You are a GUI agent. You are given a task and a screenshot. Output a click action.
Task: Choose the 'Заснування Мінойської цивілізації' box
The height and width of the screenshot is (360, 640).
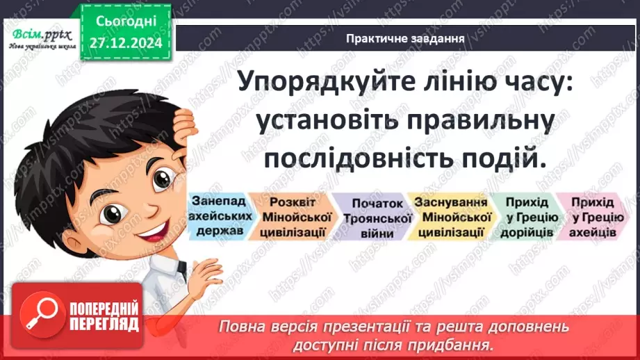pos(449,217)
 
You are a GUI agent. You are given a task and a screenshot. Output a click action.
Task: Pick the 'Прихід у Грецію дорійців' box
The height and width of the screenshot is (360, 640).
pos(527,217)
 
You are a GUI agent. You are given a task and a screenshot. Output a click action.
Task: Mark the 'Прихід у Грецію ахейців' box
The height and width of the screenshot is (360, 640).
pos(592,217)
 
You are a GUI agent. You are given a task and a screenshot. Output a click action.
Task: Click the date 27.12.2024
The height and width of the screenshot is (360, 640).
pos(125,43)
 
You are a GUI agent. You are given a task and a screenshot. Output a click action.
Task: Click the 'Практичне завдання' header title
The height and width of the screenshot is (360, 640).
pos(405,38)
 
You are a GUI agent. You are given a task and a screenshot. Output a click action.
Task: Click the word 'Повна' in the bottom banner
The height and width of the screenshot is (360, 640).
pos(242,327)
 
